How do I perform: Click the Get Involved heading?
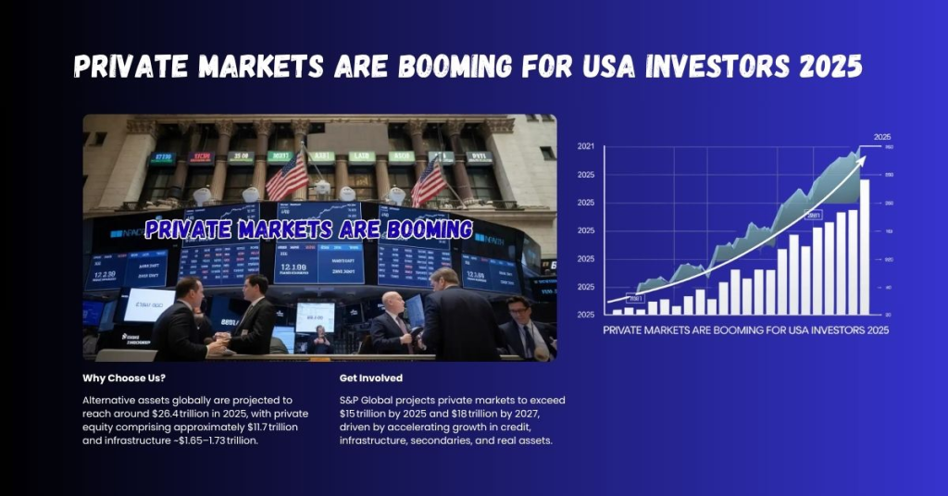372,378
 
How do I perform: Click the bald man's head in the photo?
393,302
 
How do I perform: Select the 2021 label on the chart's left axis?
586,146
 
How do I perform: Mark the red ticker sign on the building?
201,157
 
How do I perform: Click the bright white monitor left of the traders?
147,304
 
